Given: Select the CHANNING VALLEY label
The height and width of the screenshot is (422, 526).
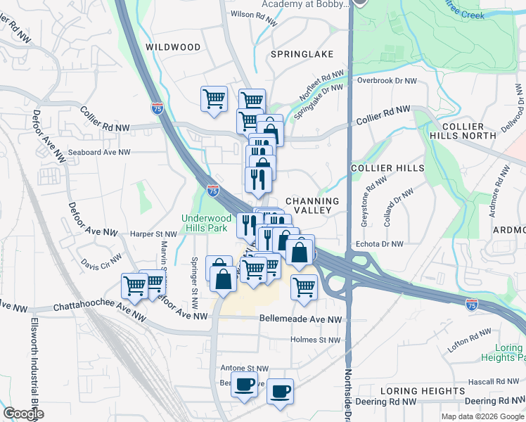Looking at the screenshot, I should coord(312,207).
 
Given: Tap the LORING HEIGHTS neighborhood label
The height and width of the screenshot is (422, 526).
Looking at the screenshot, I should coord(422,390).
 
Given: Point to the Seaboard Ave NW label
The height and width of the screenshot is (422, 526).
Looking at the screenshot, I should coord(99,152).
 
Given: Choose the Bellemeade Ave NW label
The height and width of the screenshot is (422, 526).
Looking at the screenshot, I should coord(300,319).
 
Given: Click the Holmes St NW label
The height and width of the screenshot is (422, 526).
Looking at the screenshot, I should coord(315,340).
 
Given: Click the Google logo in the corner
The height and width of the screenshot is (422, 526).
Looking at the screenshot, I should coord(24,414).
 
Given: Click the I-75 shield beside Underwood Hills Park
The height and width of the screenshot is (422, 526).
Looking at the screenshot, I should coord(212,191).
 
